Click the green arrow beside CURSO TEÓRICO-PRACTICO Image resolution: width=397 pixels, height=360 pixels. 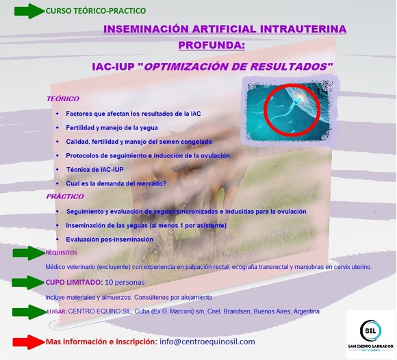(x=28, y=12)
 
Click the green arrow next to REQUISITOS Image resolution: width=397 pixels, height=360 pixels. (x=28, y=253)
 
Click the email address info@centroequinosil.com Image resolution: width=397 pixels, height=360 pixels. (x=207, y=342)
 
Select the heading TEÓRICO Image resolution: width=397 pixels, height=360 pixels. (x=62, y=99)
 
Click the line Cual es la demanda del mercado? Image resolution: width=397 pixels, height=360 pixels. (x=116, y=183)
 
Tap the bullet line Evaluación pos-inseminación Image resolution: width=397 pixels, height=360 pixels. (x=110, y=239)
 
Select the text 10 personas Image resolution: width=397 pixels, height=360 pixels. (x=125, y=282)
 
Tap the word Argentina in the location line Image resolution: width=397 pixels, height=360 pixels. (x=306, y=311)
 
